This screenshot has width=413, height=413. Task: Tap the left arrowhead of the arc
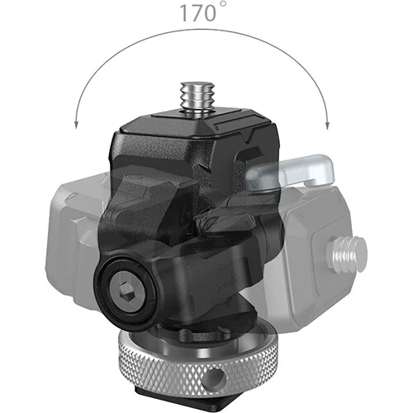coord(77,126)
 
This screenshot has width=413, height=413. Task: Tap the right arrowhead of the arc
coord(327,126)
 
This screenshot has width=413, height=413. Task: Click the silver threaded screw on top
coord(197,97)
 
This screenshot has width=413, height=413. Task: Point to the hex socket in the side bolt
coord(127,292)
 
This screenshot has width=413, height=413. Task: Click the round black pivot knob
coord(127,292)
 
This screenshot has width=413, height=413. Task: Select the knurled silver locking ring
coord(199,360)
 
